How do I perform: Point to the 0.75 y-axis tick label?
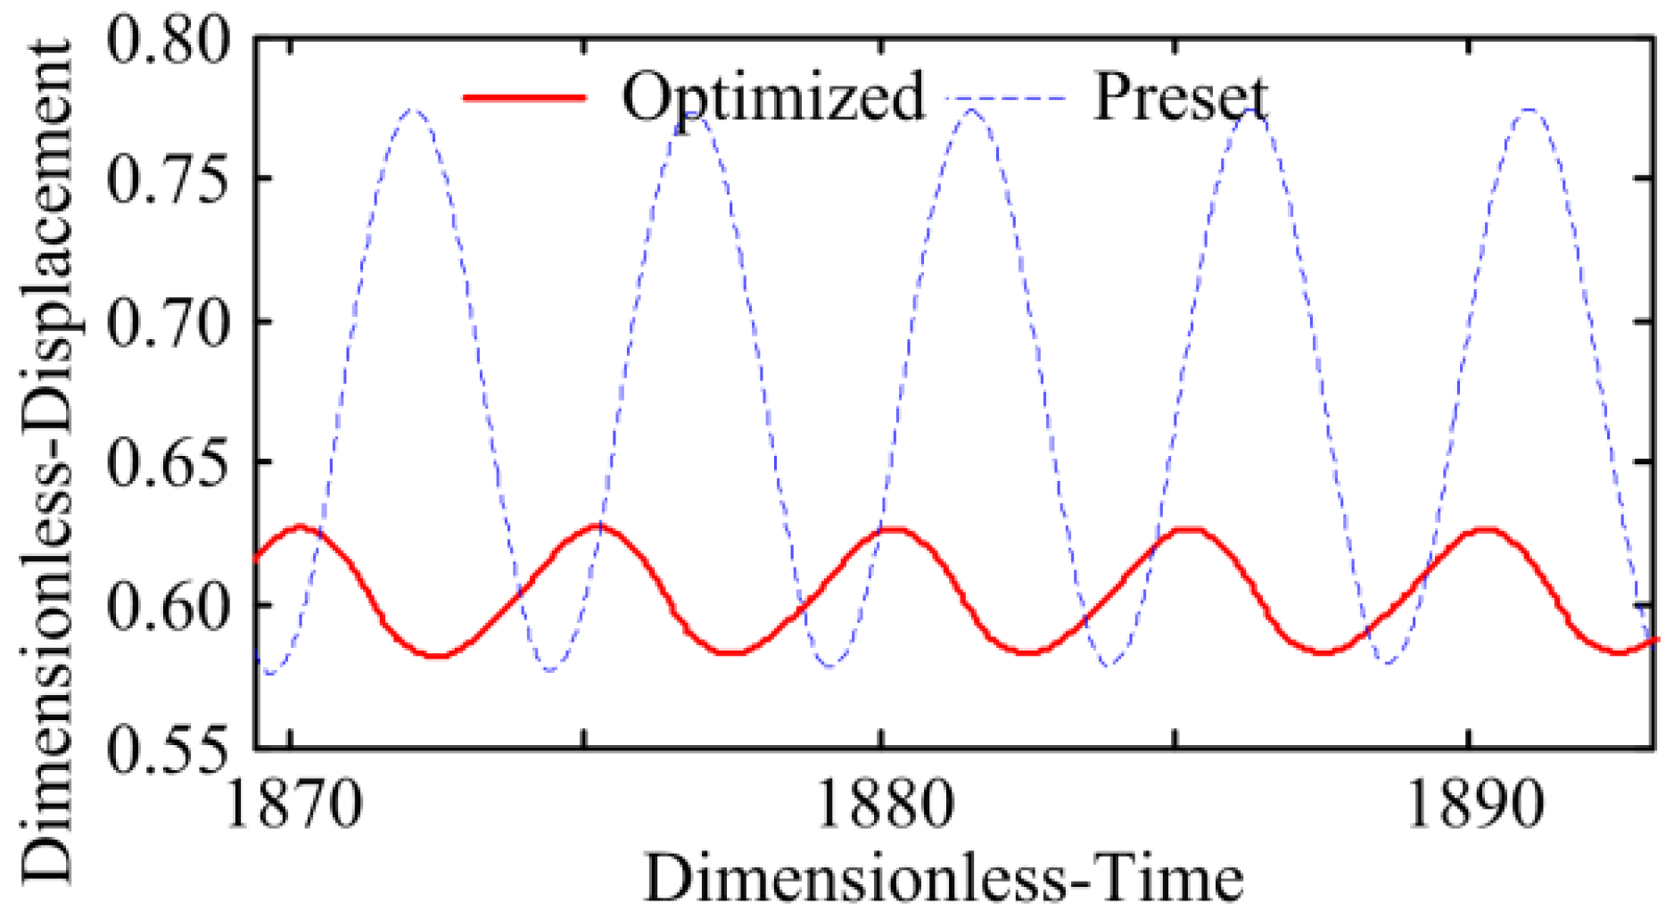[x=167, y=179]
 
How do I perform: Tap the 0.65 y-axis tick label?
[x=167, y=462]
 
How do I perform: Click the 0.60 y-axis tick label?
[x=167, y=605]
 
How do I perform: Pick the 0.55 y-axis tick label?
[x=167, y=748]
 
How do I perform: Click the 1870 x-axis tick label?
[x=295, y=804]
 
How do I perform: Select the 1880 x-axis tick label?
[x=883, y=804]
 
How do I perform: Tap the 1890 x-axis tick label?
[x=1471, y=804]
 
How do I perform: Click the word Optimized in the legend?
[x=772, y=95]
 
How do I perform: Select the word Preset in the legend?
[x=1179, y=95]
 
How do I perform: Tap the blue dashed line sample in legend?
[x=1003, y=96]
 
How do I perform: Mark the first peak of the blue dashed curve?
[x=413, y=110]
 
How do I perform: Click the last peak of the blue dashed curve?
[x=1529, y=110]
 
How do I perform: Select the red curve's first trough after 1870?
[x=436, y=656]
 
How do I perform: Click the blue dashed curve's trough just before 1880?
[x=829, y=666]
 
